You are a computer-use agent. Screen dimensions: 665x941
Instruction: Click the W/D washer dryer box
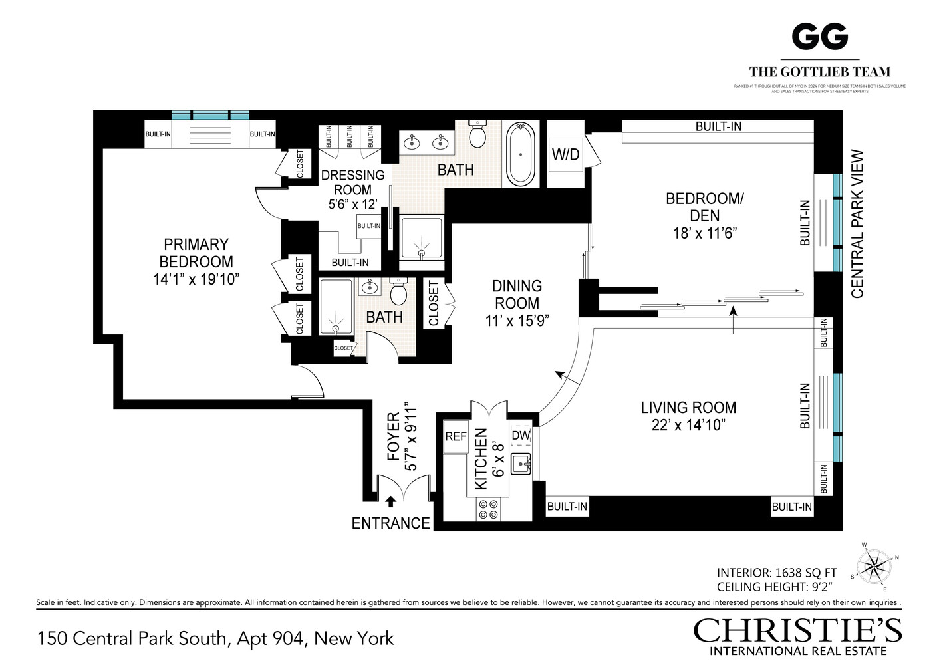565,154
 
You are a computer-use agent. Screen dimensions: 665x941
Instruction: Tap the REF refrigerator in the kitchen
456,437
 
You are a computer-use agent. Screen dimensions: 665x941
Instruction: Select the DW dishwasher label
521,436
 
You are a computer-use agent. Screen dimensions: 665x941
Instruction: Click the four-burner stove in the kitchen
488,509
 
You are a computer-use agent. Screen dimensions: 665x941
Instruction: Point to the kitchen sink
521,464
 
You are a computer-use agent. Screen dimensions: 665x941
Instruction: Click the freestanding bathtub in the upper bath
521,154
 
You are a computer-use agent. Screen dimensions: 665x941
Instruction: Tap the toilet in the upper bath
477,134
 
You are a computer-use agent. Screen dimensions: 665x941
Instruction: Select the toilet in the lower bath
398,293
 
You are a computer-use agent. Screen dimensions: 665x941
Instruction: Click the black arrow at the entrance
391,501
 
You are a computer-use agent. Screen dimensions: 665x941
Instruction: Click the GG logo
819,37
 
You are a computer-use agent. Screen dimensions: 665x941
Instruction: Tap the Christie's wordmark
797,630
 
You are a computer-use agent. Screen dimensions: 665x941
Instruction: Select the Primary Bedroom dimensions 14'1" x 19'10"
196,279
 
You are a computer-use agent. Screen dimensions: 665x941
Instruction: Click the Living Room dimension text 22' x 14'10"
688,425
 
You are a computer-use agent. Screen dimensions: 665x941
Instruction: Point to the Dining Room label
517,295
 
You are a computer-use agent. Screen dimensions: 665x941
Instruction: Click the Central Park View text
857,223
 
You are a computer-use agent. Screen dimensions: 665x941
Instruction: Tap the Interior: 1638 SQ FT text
776,573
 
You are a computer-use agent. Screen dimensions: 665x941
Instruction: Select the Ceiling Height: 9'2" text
775,587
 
